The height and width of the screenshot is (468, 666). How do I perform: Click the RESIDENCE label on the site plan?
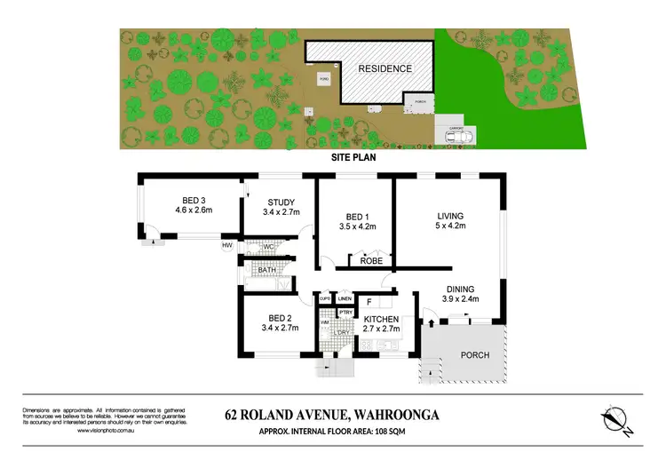pos(385,68)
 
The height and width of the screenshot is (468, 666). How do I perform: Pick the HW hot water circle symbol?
pos(227,246)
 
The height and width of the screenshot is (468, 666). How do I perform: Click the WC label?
pos(267,247)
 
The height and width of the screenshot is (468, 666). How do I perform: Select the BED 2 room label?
pos(280,318)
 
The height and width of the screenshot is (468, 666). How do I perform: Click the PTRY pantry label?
pos(345,313)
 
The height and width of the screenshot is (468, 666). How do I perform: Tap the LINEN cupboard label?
pos(345,298)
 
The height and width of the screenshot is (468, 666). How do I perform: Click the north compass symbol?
pos(616,421)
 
